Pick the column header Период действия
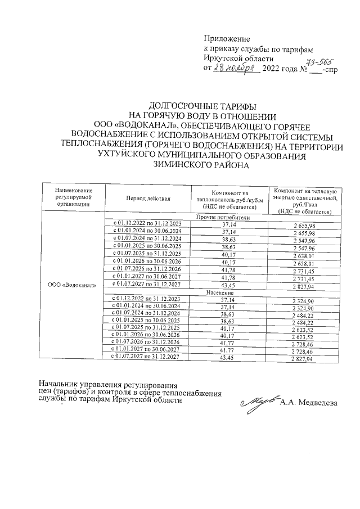pyautogui.click(x=148, y=199)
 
